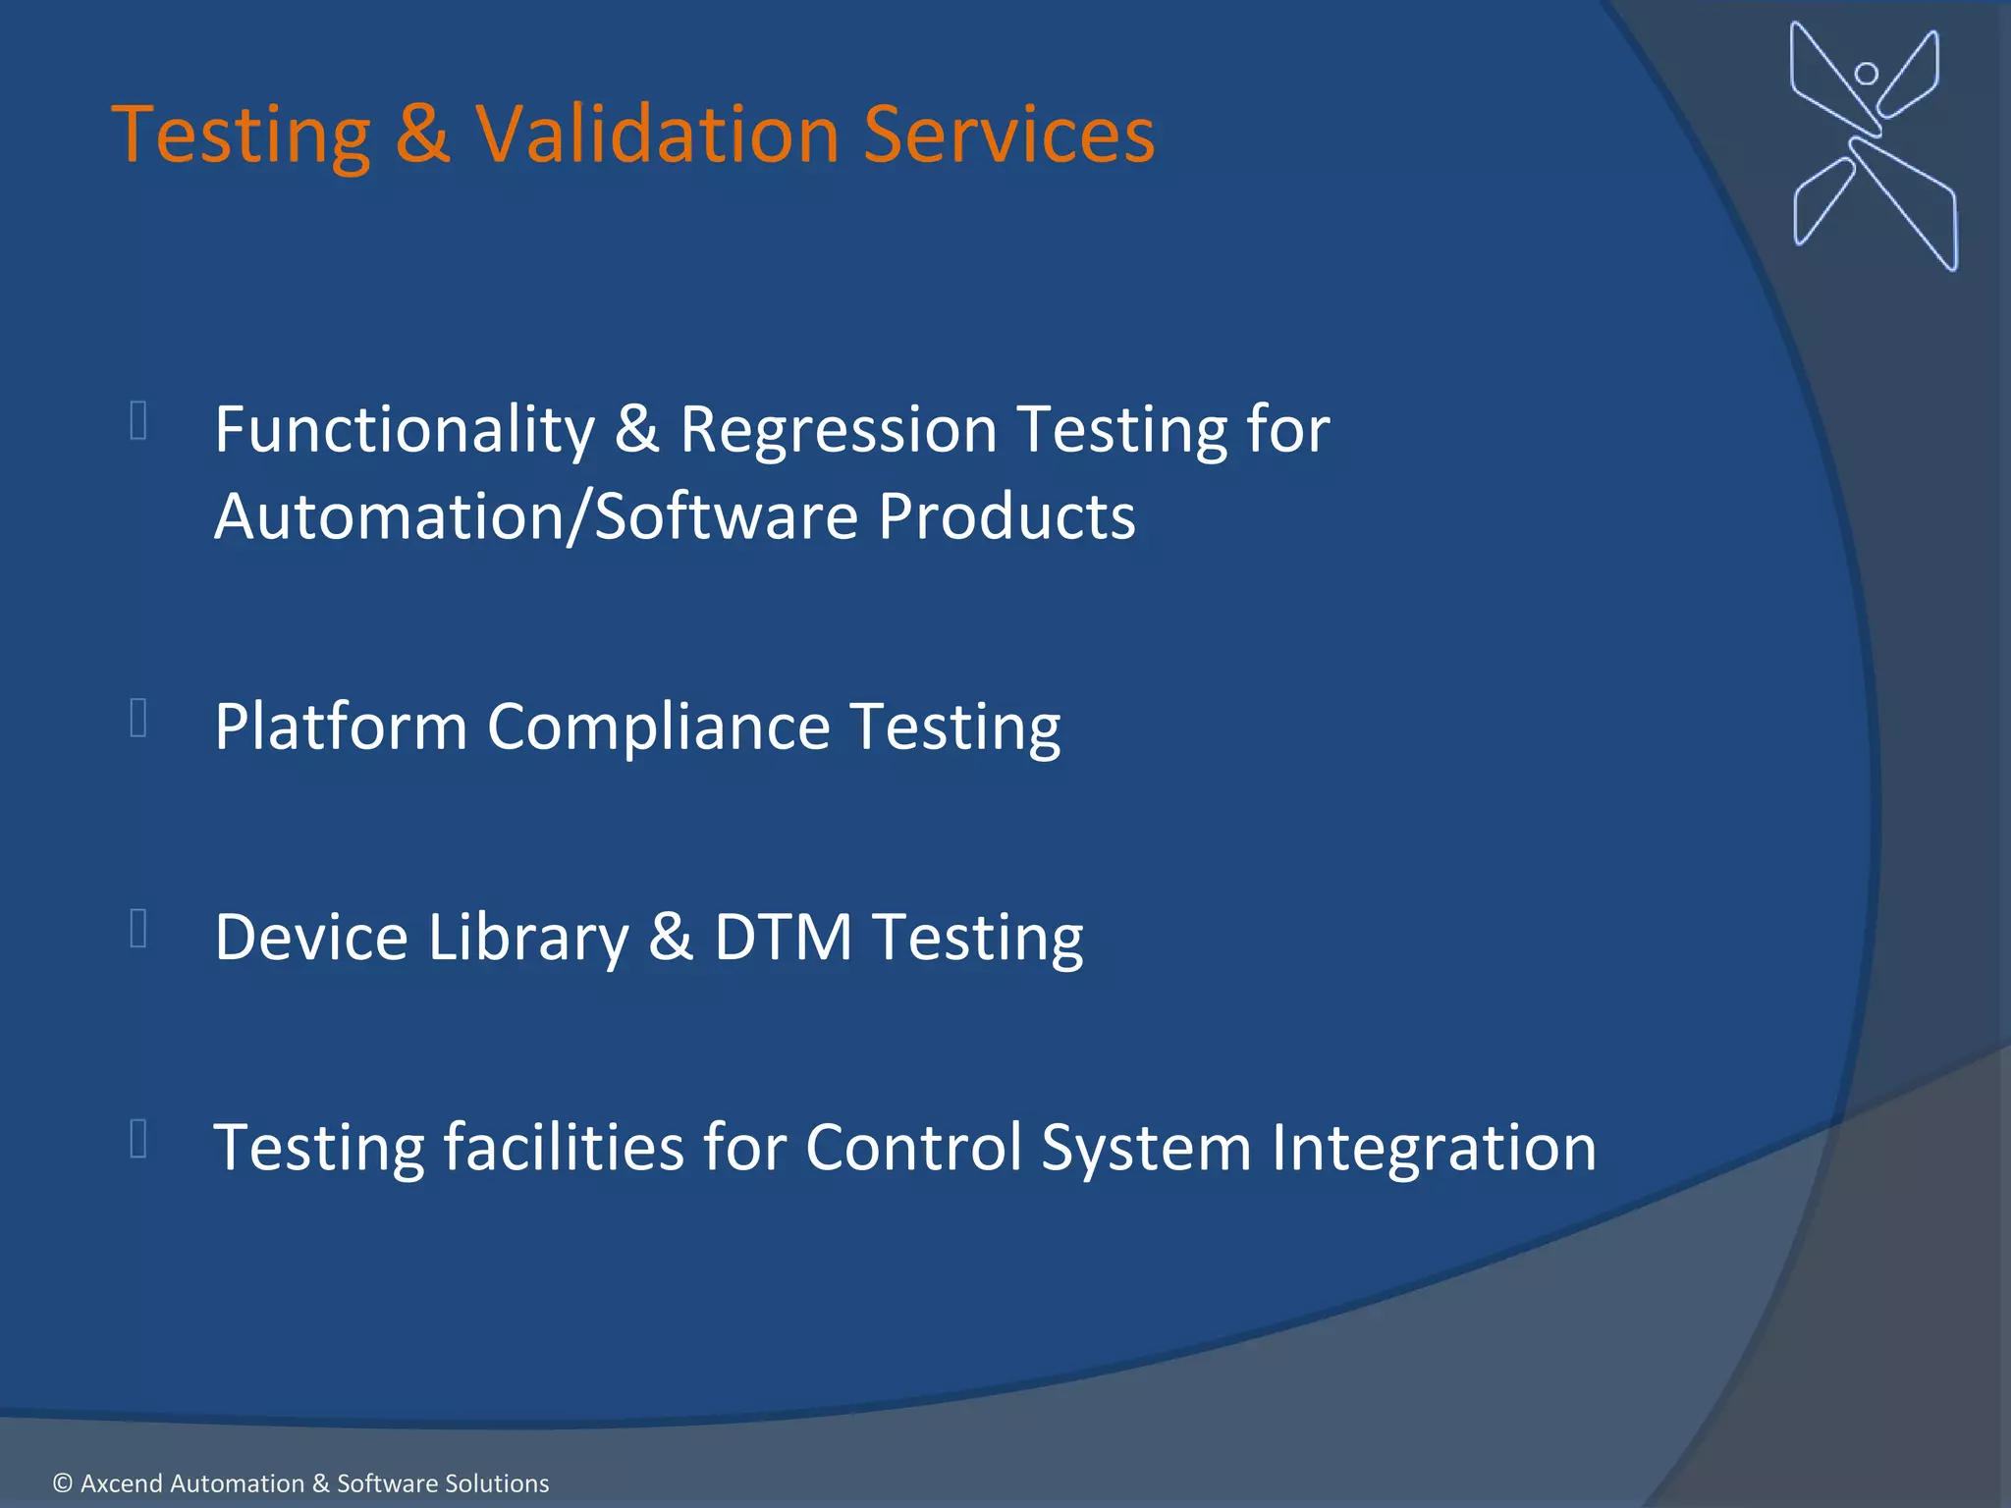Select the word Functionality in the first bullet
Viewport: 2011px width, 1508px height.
(405, 431)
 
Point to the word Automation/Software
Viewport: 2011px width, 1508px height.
(534, 517)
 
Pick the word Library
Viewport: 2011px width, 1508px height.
(528, 939)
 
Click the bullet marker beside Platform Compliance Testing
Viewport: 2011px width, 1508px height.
(138, 718)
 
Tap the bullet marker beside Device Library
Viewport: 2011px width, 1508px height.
(138, 928)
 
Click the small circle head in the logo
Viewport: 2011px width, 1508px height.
(1866, 74)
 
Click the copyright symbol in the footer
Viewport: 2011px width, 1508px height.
(63, 1483)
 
